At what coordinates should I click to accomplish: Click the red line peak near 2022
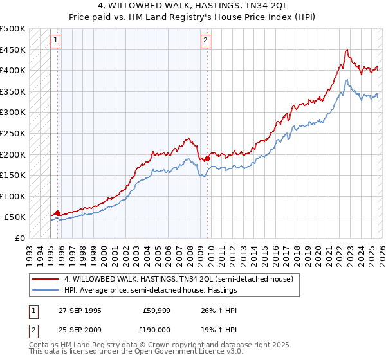pos(347,50)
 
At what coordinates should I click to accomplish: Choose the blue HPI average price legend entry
pos(151,290)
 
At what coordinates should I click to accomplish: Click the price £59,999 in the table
pos(155,309)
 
